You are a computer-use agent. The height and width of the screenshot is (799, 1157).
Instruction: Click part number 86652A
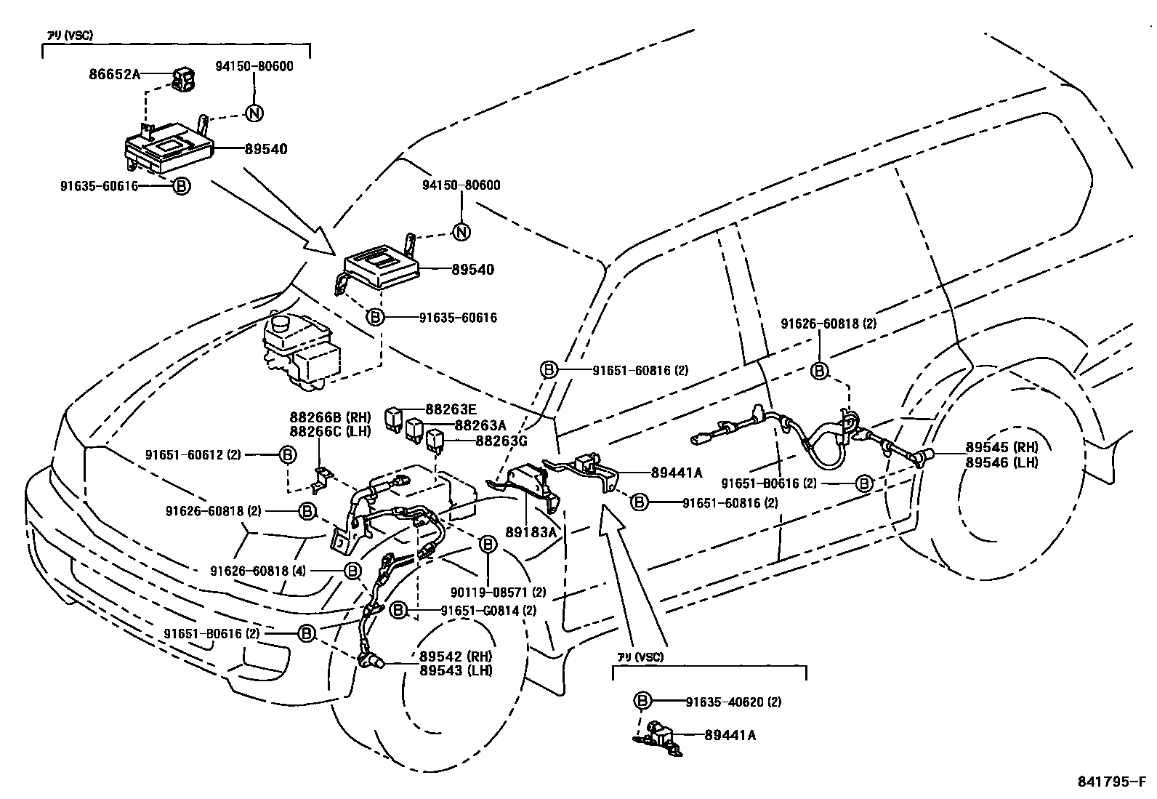point(114,73)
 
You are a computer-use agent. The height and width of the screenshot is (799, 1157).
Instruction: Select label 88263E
point(451,409)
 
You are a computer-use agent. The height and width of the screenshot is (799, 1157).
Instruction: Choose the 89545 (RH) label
point(1001,447)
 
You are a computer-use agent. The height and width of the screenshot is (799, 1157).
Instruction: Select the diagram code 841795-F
point(1110,782)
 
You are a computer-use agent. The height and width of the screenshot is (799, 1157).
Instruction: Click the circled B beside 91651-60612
point(288,454)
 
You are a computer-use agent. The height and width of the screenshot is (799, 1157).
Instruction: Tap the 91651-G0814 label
point(480,611)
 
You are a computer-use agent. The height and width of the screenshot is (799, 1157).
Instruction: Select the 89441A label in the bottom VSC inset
point(730,735)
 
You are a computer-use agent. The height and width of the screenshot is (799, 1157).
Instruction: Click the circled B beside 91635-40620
point(642,701)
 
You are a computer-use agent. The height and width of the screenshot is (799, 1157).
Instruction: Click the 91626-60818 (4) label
point(259,571)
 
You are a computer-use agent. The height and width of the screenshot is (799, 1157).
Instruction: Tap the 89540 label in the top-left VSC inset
point(265,149)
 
